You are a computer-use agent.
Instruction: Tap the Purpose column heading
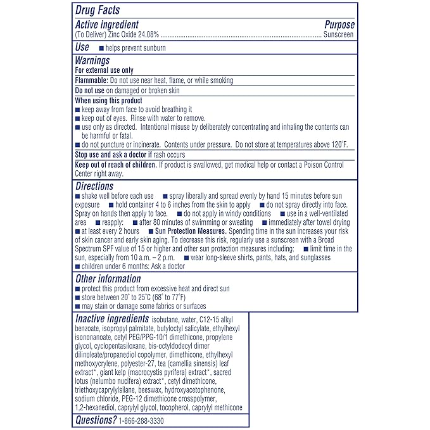point(339,25)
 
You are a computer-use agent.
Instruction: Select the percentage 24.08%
point(151,35)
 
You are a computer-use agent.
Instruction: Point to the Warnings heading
point(92,61)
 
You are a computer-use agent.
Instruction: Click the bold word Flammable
point(91,80)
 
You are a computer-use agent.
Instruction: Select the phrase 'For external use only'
point(104,71)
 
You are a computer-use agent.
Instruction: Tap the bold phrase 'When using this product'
point(108,101)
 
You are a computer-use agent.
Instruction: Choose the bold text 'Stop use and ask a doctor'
point(113,155)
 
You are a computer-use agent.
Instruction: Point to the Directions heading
point(94,187)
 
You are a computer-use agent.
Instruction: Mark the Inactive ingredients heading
point(112,319)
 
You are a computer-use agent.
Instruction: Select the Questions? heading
point(96,420)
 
